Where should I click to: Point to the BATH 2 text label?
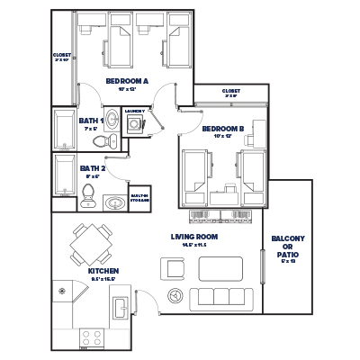[x=92, y=167]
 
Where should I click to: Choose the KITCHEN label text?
[x=104, y=271]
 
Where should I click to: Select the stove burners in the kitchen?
[x=92, y=338]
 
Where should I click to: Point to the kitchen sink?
[x=121, y=309]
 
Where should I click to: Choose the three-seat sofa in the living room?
[x=216, y=297]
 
